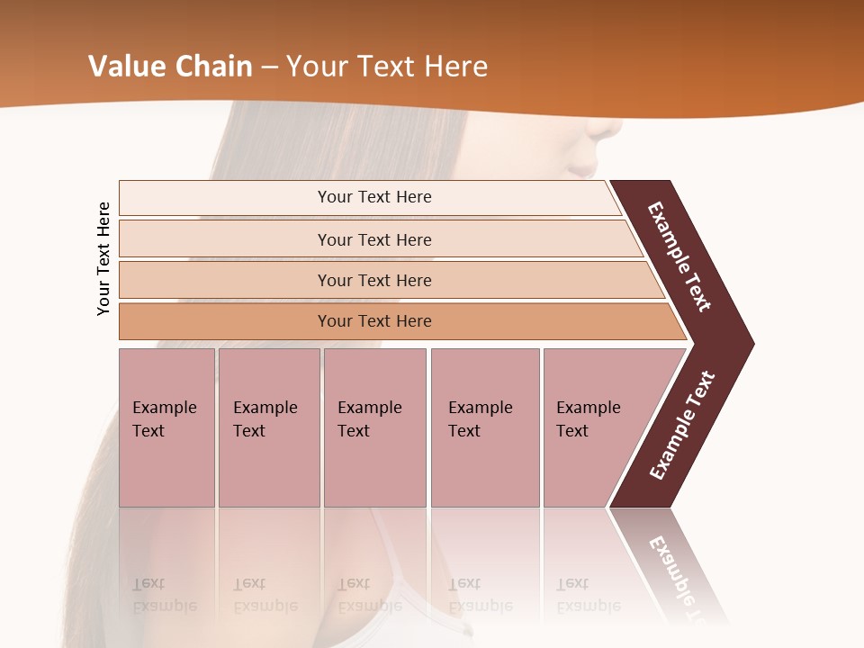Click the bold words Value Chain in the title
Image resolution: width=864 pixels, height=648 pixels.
(x=171, y=67)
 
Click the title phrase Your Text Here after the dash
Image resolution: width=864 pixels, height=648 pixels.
(x=387, y=67)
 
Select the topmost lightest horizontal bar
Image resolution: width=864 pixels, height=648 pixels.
(x=225, y=198)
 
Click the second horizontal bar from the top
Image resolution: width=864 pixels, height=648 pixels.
(x=225, y=239)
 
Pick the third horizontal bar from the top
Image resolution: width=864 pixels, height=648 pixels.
(x=225, y=280)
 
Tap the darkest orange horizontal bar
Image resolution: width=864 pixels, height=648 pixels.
(x=225, y=321)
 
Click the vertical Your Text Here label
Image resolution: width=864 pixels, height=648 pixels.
(x=103, y=258)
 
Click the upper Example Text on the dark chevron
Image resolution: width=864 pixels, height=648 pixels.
(x=679, y=256)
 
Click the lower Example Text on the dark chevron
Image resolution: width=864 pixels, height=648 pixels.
(x=682, y=425)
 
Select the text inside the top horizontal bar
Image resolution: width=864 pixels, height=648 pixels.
(x=374, y=197)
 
